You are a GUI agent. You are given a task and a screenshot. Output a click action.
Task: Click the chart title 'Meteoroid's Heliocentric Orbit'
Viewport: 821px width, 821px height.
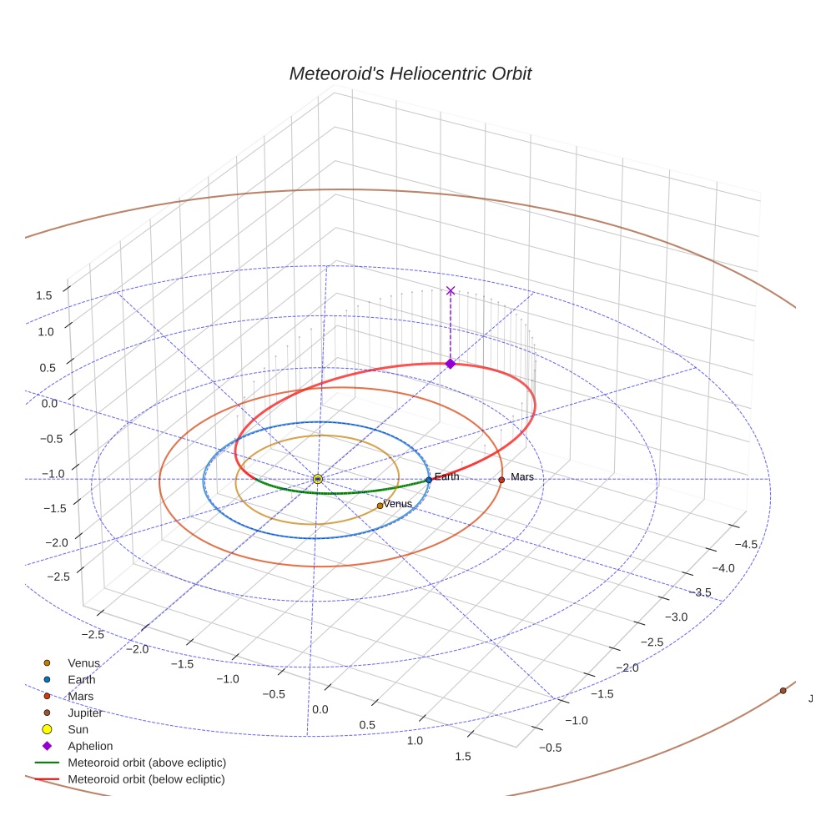[x=410, y=74]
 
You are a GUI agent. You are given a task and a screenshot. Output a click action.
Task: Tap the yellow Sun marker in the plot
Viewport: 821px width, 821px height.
[x=318, y=479]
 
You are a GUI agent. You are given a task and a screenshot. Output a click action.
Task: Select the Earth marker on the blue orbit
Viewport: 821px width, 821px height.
[x=429, y=480]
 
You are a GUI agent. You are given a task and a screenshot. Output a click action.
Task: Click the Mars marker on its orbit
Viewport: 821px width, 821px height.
[x=501, y=480]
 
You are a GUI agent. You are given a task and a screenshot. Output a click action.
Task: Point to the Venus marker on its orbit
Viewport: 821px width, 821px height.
[x=380, y=506]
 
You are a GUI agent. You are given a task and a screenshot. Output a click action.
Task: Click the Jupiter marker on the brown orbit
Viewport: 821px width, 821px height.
[x=783, y=691]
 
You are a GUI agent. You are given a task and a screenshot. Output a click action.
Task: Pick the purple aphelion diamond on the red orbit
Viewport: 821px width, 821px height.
[x=451, y=364]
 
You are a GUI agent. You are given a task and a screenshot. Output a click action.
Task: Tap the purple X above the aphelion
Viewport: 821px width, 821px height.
[x=451, y=290]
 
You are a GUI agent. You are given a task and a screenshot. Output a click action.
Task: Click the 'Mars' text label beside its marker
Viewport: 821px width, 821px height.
[x=521, y=477]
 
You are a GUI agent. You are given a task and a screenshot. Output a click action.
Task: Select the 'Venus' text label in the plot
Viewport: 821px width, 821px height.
[x=398, y=504]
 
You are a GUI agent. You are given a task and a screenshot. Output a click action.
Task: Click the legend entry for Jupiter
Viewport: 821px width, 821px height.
[x=85, y=713]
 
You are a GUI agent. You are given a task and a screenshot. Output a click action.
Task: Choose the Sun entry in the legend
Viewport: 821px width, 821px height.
[x=78, y=730]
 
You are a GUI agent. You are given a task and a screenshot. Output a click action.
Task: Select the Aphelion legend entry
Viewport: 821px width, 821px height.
[x=90, y=747]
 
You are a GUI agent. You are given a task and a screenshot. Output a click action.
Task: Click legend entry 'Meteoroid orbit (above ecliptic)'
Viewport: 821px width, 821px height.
[x=147, y=763]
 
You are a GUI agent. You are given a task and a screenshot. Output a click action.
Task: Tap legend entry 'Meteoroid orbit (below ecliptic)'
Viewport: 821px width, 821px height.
[x=147, y=779]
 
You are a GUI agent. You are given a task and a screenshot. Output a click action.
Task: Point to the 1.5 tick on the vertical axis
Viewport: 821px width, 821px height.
[x=43, y=295]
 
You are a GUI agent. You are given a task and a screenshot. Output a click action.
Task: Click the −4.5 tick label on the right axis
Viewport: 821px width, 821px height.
[x=745, y=544]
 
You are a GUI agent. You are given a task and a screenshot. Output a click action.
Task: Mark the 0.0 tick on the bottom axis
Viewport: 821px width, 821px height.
[x=320, y=709]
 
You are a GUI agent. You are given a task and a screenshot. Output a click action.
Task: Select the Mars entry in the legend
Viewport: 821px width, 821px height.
[x=80, y=697]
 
